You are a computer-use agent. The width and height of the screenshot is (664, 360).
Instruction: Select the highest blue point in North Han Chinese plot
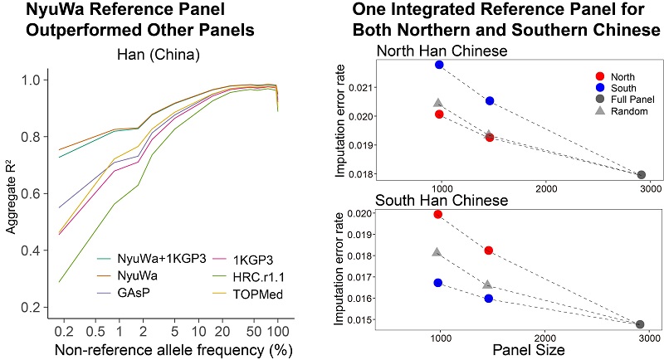click(x=439, y=65)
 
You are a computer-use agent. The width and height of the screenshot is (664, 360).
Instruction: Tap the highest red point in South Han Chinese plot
click(x=438, y=215)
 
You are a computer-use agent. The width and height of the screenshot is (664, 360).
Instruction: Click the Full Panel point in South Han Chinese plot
click(x=639, y=325)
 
